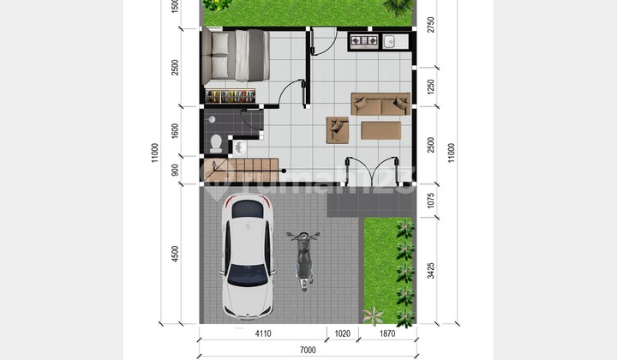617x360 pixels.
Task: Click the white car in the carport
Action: point(249,255)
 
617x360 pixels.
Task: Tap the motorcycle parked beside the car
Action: point(303,260)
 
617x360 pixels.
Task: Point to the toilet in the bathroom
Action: point(216,141)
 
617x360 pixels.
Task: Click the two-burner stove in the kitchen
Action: point(361,40)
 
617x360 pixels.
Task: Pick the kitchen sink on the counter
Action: point(388,40)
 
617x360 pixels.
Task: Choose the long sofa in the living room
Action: point(380,104)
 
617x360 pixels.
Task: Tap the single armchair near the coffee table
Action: point(337,129)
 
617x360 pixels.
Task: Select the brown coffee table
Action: point(380,130)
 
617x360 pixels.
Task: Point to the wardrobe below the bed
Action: point(232,93)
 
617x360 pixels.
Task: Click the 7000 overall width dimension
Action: point(308,349)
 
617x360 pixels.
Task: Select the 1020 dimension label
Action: point(340,333)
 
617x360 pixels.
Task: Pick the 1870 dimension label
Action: point(387,333)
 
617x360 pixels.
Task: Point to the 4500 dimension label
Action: point(175,254)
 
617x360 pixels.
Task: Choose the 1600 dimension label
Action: point(175,130)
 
